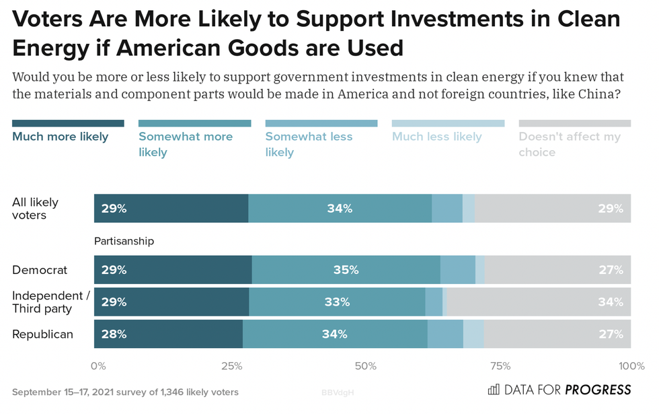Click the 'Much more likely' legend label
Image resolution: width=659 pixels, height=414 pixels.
click(x=60, y=137)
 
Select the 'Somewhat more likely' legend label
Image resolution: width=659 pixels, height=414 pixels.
click(x=185, y=144)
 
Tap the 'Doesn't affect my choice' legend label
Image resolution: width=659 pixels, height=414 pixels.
click(x=569, y=144)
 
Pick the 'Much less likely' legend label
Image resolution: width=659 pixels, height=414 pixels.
click(x=436, y=137)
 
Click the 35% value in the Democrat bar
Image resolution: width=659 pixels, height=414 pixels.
click(x=346, y=270)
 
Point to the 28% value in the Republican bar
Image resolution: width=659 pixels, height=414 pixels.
click(x=114, y=334)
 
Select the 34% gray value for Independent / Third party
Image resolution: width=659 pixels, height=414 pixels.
click(x=610, y=302)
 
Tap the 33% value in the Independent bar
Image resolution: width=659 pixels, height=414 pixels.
click(x=337, y=302)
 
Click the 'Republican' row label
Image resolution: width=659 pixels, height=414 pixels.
click(x=42, y=334)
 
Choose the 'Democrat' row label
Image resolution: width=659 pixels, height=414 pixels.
click(x=40, y=270)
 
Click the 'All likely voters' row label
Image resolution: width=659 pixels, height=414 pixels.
click(x=35, y=209)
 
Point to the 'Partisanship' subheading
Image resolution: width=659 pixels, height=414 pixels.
click(x=124, y=241)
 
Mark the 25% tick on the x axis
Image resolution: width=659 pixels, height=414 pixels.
click(x=231, y=366)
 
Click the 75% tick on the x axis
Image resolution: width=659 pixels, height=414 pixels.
click(x=500, y=366)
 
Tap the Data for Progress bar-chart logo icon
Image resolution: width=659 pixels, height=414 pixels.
click(x=493, y=389)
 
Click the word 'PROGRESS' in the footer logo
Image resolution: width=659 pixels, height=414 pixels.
click(x=598, y=390)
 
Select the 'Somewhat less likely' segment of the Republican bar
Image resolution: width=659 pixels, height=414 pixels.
click(x=445, y=334)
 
